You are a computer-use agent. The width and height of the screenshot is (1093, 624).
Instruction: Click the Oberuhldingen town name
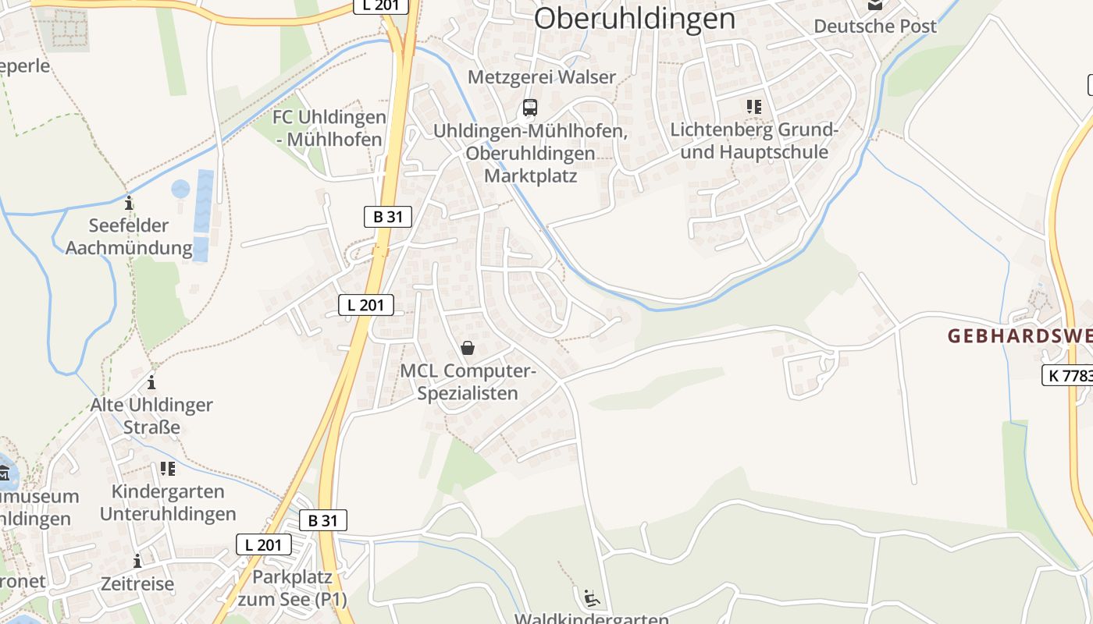click(x=634, y=18)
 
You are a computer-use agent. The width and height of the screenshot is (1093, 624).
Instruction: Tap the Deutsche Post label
click(x=874, y=26)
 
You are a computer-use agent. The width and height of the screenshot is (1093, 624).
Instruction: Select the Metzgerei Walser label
click(x=542, y=77)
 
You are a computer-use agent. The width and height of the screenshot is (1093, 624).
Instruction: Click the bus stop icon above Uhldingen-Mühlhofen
click(x=530, y=107)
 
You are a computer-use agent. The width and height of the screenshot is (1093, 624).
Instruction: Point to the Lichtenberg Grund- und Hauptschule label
click(x=754, y=141)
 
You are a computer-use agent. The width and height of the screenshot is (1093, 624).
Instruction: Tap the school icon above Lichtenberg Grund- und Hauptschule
click(x=753, y=107)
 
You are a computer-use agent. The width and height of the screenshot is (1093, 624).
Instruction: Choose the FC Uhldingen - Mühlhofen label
click(x=329, y=129)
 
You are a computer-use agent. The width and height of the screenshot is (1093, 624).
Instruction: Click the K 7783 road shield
click(x=1068, y=375)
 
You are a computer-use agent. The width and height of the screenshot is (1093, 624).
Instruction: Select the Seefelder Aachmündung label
click(x=129, y=237)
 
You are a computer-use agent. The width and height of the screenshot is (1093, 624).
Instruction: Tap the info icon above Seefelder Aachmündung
click(x=129, y=204)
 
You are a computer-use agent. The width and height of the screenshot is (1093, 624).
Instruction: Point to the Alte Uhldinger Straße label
click(x=151, y=416)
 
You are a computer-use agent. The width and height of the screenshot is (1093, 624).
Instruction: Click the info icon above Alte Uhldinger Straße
click(x=151, y=382)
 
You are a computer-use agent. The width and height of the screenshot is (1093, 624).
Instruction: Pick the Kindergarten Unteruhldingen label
click(x=168, y=502)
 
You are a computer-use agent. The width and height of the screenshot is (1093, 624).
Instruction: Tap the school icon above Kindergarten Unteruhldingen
click(x=167, y=469)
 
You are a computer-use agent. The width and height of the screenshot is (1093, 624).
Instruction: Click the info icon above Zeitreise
click(x=137, y=561)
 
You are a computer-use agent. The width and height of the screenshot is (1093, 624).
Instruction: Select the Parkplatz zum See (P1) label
click(x=292, y=588)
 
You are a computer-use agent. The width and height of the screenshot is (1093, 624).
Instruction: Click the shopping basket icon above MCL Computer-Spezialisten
click(x=468, y=348)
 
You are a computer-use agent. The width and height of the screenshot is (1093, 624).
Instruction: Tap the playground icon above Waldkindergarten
click(x=592, y=598)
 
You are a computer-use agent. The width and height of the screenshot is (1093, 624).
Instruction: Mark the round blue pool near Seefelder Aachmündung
click(x=180, y=189)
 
